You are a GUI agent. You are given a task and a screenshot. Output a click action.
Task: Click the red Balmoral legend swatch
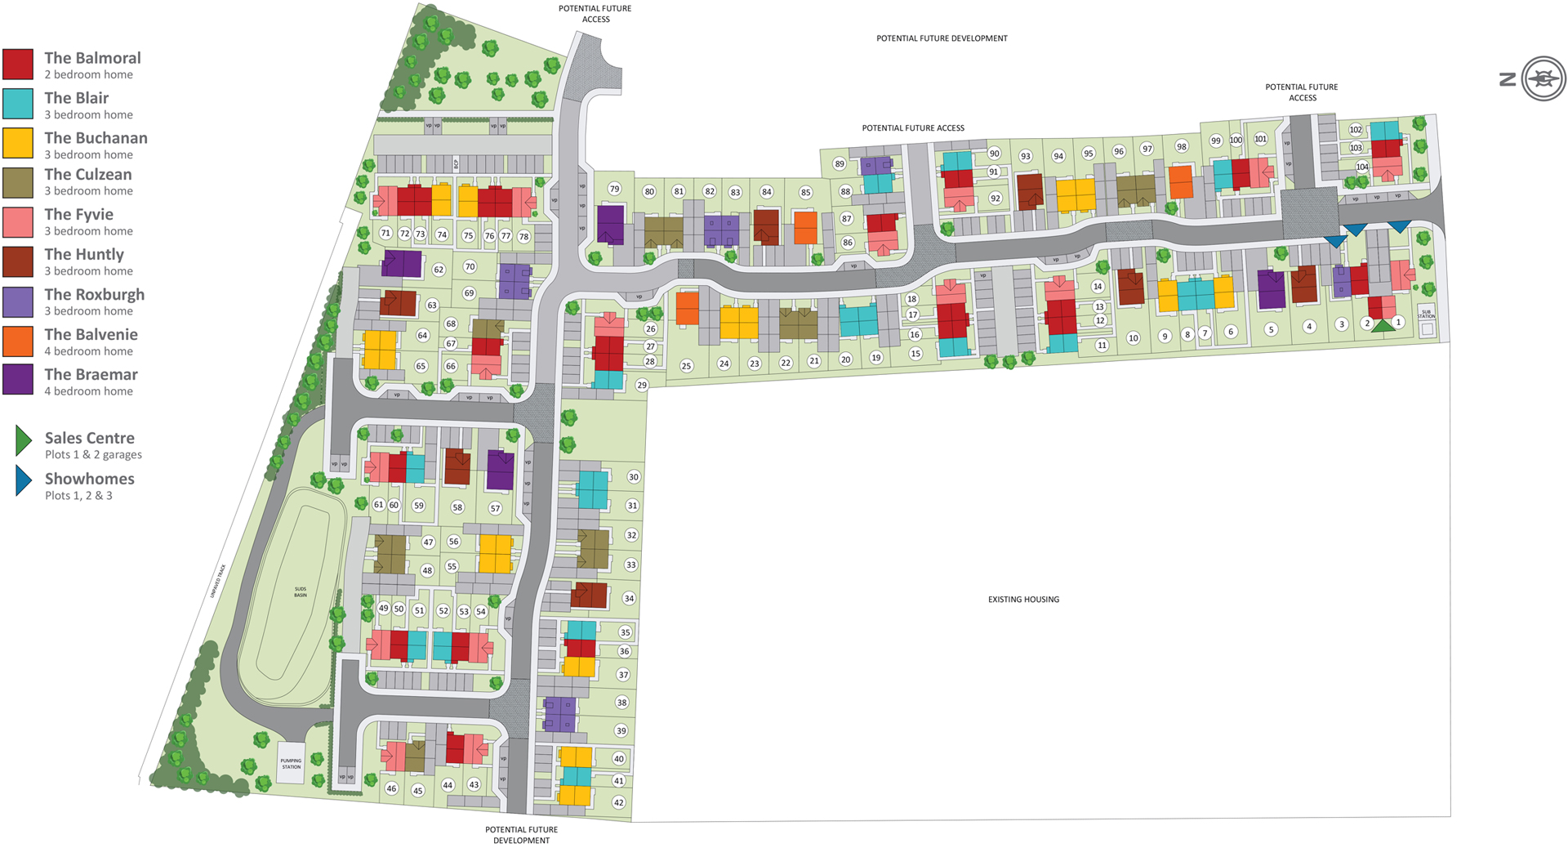click(x=18, y=65)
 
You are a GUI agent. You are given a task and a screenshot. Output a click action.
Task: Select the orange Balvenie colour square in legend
click(x=18, y=341)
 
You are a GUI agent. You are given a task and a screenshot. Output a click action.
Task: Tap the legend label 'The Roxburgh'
click(x=94, y=294)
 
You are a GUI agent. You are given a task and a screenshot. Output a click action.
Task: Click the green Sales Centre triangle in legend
click(x=23, y=440)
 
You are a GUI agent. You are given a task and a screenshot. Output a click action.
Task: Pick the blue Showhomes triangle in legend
click(x=23, y=481)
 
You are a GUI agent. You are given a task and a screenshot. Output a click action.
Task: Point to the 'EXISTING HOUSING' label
click(x=1023, y=600)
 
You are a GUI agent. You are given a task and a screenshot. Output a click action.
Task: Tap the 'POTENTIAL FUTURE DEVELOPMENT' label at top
click(x=942, y=38)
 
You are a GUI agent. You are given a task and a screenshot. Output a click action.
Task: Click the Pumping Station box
click(x=291, y=764)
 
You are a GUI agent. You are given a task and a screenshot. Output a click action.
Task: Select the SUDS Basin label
click(x=301, y=591)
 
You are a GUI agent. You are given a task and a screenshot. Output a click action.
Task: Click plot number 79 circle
click(x=614, y=189)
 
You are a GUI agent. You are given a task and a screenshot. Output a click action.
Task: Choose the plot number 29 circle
click(x=642, y=385)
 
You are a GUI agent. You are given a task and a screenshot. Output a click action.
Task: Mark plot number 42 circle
click(x=618, y=802)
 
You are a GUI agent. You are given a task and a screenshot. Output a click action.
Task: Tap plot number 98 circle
click(x=1181, y=146)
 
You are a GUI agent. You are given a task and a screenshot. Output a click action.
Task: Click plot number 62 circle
click(x=439, y=270)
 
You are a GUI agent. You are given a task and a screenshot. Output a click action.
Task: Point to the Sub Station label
click(x=1426, y=314)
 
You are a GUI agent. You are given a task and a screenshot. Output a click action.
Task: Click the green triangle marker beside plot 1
click(x=1383, y=326)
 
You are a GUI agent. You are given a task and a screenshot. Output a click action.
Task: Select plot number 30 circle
click(x=633, y=477)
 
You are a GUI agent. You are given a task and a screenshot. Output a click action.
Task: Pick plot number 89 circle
click(x=839, y=163)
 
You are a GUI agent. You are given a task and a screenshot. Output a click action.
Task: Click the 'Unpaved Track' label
click(x=217, y=581)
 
